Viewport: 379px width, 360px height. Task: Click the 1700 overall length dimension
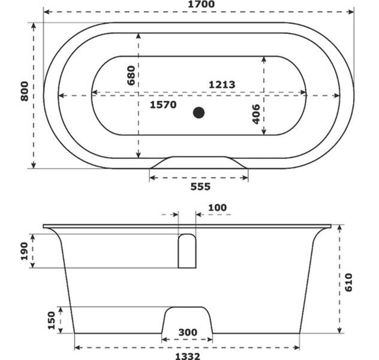[x=201, y=4]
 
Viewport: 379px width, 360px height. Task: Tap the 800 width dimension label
[x=25, y=91]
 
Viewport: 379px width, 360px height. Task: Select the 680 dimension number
[x=131, y=76]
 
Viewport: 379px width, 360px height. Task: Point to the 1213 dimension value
[x=222, y=85]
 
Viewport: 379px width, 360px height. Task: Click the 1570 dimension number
[x=163, y=104]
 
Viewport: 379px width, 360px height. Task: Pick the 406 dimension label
[x=256, y=114]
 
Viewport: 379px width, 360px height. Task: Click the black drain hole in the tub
[x=198, y=113]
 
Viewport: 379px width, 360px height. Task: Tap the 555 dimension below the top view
[x=200, y=187]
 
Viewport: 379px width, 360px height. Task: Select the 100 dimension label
[x=218, y=208]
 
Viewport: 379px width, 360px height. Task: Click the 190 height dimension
[x=24, y=251]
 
